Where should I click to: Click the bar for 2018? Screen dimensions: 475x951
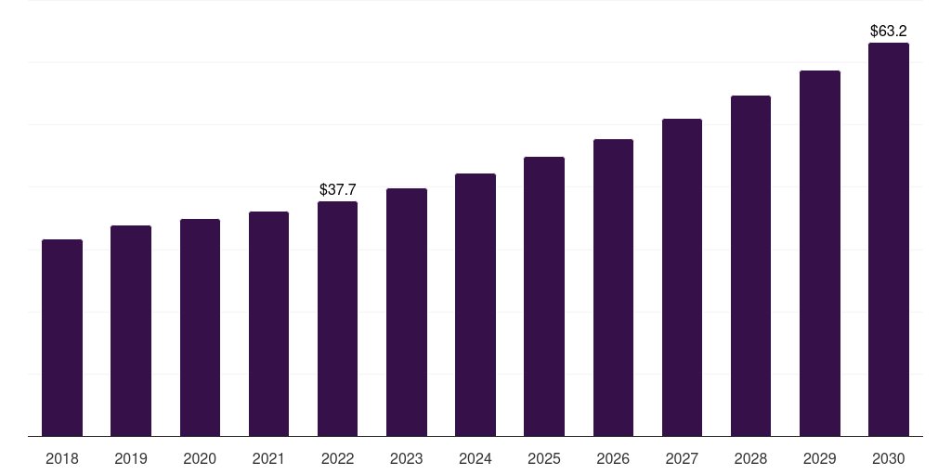click(x=62, y=338)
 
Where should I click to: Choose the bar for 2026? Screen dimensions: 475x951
click(x=613, y=288)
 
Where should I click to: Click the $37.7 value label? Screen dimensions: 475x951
click(x=337, y=189)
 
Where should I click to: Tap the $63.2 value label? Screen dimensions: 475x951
click(x=889, y=31)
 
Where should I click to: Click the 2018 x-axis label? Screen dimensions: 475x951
click(x=62, y=458)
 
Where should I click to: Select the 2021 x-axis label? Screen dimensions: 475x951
click(x=268, y=458)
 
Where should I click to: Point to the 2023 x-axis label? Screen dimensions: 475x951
click(x=407, y=458)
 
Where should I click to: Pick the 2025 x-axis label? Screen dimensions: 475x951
click(x=544, y=458)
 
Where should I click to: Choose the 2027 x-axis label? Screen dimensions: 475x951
click(x=682, y=458)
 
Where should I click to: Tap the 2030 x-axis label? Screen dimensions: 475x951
click(x=889, y=458)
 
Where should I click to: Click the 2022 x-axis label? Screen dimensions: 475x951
click(x=337, y=458)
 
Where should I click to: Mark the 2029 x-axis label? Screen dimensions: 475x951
click(x=820, y=458)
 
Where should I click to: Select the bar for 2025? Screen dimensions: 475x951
click(x=544, y=296)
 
